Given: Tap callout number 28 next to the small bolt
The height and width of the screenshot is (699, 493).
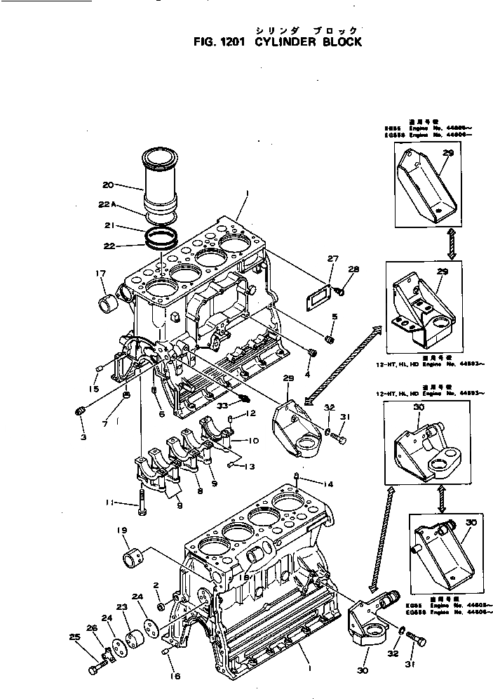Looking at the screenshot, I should coord(353,269).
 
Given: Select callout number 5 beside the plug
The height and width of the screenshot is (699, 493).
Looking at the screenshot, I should coord(334,317).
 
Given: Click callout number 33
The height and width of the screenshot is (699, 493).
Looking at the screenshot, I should coord(223,405).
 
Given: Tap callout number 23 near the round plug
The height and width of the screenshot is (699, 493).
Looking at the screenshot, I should coord(121,607).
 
